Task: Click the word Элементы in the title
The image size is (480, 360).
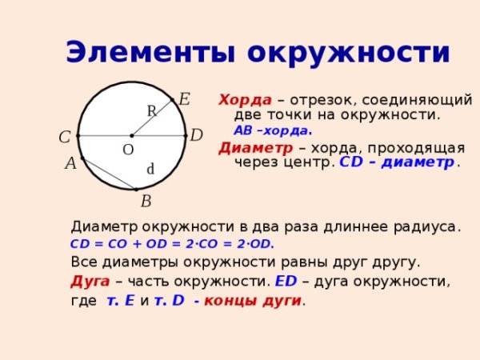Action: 150,52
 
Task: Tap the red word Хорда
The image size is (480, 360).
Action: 245,100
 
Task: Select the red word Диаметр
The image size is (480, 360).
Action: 256,148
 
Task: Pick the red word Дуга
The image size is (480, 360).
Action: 90,282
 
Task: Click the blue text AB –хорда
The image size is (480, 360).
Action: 273,130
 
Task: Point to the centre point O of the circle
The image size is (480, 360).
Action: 132,136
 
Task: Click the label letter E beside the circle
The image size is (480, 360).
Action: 184,99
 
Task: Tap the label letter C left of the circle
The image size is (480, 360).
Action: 65,137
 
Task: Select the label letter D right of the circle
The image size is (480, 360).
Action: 196,135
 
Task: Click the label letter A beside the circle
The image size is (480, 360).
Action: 70,163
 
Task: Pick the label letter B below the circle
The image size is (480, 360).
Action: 146,202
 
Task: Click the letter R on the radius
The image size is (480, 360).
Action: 152,111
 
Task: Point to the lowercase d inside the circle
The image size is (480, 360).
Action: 150,169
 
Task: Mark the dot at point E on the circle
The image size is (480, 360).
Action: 172,100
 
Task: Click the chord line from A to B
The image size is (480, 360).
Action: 110,174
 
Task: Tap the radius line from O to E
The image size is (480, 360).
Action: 152,118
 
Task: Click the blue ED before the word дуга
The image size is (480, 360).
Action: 286,281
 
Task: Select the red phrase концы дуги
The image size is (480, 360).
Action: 253,301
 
